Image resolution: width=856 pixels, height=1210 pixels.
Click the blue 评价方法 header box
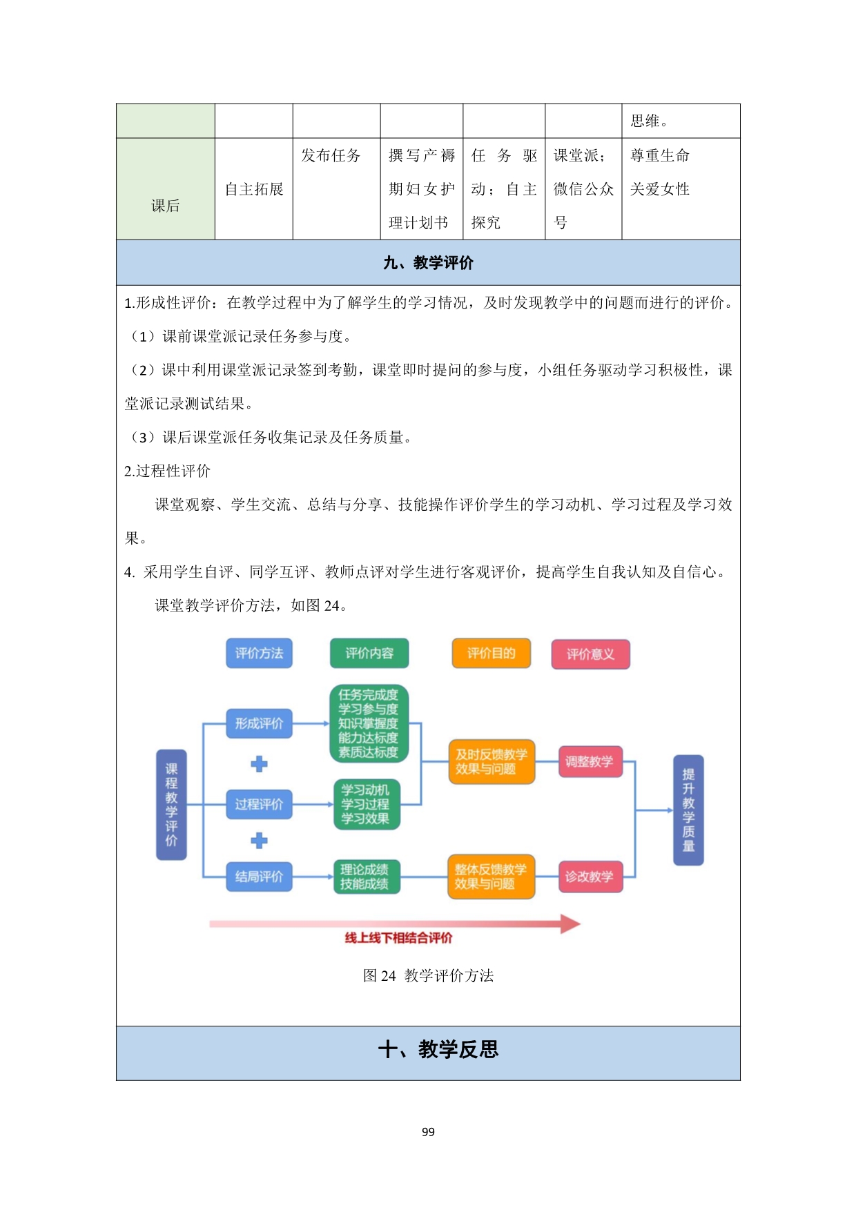point(259,653)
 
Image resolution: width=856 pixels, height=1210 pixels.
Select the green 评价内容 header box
point(369,653)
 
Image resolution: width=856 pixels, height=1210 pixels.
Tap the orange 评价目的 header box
point(491,653)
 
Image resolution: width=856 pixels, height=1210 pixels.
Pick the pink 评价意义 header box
point(590,654)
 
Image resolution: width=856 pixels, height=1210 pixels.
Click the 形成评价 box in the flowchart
point(259,723)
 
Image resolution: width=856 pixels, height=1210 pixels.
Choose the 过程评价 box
point(259,804)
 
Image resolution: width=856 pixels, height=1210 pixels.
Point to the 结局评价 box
point(259,877)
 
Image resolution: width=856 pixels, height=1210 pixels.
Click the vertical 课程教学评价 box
point(171,805)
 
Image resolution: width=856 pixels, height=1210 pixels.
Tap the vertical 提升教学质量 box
point(688,810)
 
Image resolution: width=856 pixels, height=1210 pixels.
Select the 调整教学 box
point(590,761)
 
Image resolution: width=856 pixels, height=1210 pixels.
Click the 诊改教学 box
point(590,877)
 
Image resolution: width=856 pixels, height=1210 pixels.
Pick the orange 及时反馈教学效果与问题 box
point(492,762)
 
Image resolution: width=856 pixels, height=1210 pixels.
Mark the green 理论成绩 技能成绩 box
point(366,877)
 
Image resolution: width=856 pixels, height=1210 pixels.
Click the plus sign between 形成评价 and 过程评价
point(259,764)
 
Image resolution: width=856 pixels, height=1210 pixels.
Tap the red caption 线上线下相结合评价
point(399,937)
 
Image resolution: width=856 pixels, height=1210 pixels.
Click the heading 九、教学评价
point(428,263)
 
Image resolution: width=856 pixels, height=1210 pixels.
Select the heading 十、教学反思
point(438,1050)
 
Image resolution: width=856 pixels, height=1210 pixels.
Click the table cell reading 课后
point(166,206)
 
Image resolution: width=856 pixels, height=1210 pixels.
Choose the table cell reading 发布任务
point(331,156)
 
